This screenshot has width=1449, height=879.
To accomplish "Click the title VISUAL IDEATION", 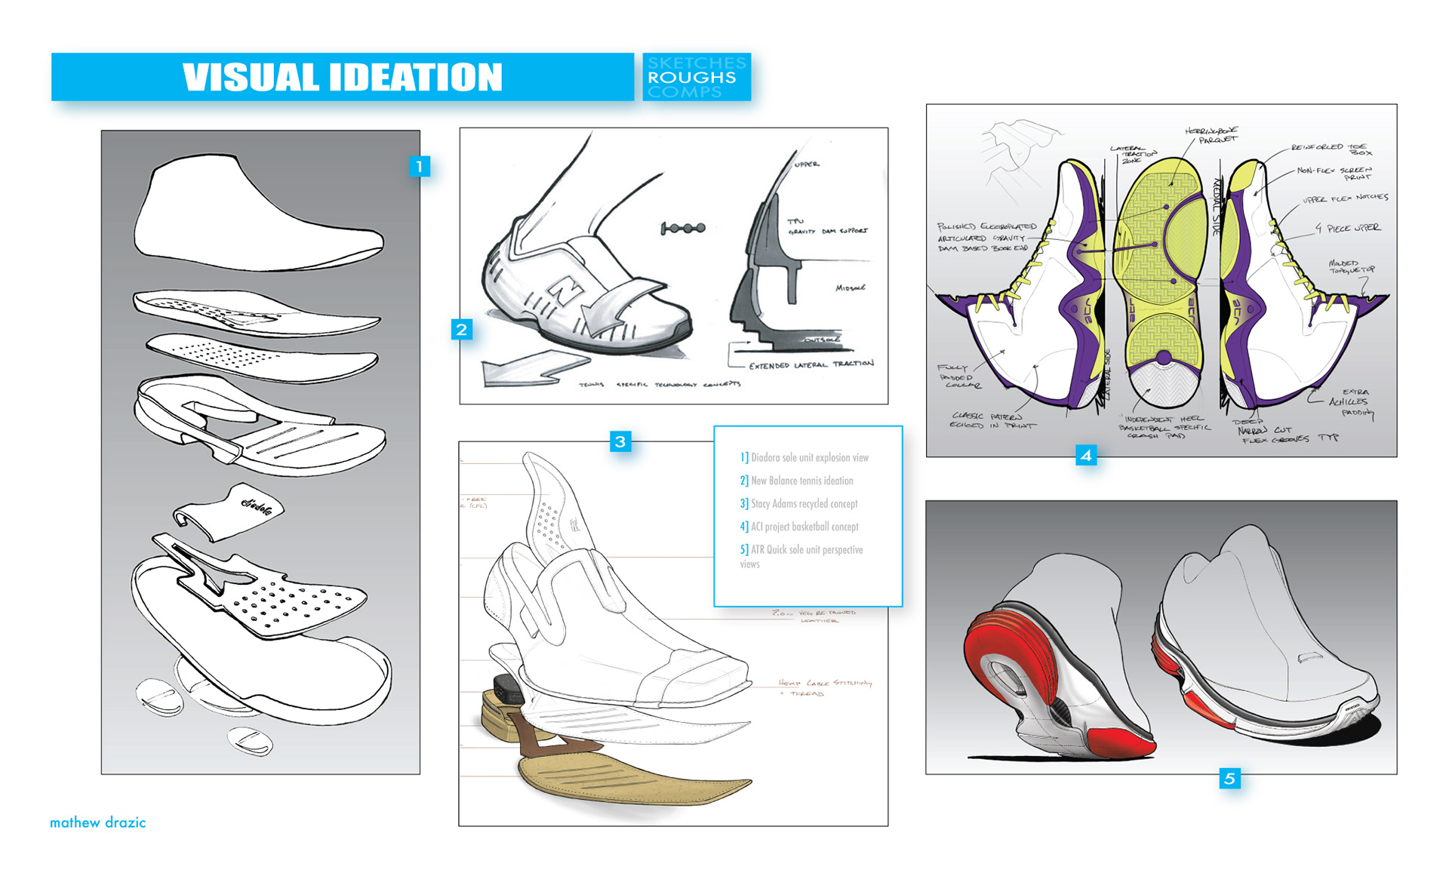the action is pos(342,77).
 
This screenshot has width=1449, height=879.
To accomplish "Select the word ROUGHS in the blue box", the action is pos(691,77).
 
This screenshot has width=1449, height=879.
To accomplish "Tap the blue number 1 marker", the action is pos(419,166).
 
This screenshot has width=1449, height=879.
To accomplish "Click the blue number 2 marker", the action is pos(461,329).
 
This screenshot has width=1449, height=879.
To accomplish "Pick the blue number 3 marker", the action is pos(620,441).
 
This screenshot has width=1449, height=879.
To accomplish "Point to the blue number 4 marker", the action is pos(1086,455).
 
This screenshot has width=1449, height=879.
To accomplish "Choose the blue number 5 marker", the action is pos(1229,778).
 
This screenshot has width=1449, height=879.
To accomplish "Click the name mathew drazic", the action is pos(97,822).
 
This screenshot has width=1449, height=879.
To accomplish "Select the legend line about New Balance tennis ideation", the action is pos(801,481).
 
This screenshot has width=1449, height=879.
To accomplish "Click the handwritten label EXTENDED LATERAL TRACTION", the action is pos(811,365).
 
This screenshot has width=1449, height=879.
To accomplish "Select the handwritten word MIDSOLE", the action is pos(851,287).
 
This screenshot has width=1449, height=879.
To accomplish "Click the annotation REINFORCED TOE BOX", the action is pos(1332,149).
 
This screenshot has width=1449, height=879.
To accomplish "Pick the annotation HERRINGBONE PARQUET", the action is pos(1214,135).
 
